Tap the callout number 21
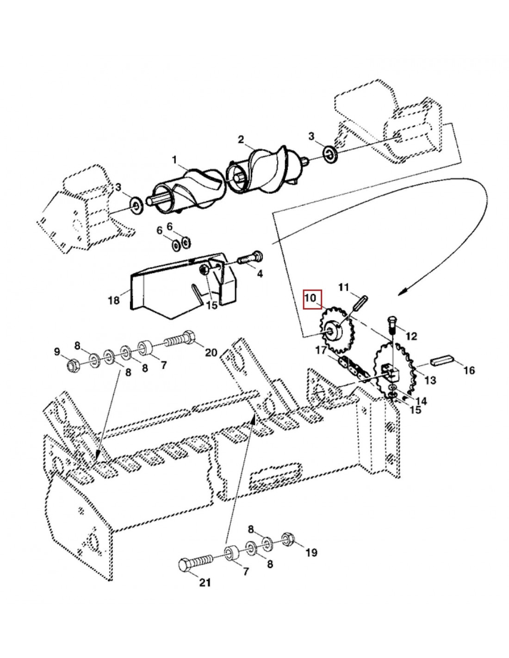pyautogui.click(x=205, y=582)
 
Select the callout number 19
pyautogui.click(x=311, y=552)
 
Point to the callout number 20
pyautogui.click(x=211, y=352)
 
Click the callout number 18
pyautogui.click(x=114, y=300)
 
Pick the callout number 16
pyautogui.click(x=469, y=370)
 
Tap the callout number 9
pyautogui.click(x=57, y=352)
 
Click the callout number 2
pyautogui.click(x=241, y=139)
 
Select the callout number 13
pyautogui.click(x=430, y=380)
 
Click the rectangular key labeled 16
pyautogui.click(x=444, y=360)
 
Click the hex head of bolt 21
pyautogui.click(x=184, y=565)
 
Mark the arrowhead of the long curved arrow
pyautogui.click(x=403, y=291)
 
